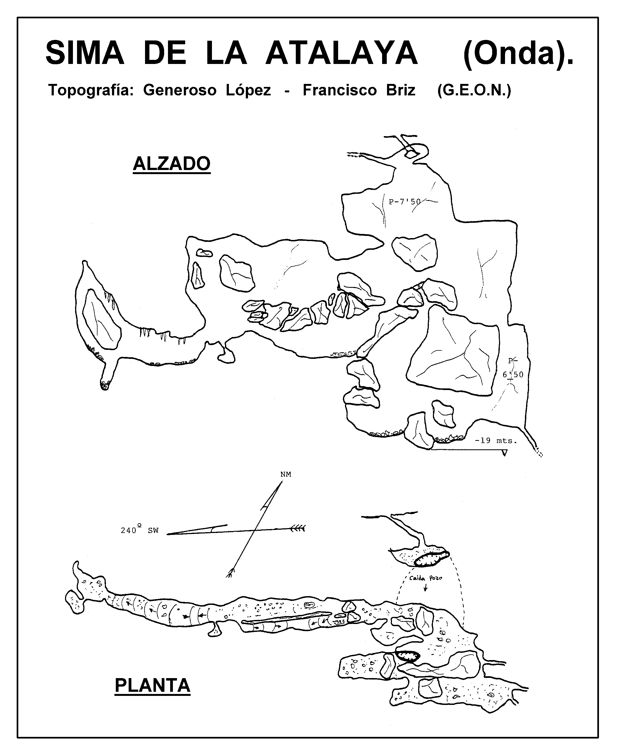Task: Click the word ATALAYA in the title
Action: click(342, 53)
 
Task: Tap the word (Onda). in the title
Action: click(518, 54)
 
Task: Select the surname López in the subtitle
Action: click(248, 90)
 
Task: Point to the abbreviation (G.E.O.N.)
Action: click(474, 90)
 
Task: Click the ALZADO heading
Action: click(172, 164)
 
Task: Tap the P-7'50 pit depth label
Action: click(405, 202)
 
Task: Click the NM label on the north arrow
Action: click(286, 474)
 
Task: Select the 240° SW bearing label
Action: click(140, 530)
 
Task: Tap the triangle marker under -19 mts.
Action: click(504, 453)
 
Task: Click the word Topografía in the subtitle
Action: click(91, 90)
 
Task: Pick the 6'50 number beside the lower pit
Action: click(513, 375)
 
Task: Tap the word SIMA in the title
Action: click(85, 53)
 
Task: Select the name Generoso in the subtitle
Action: click(180, 90)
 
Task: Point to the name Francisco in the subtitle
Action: click(340, 90)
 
